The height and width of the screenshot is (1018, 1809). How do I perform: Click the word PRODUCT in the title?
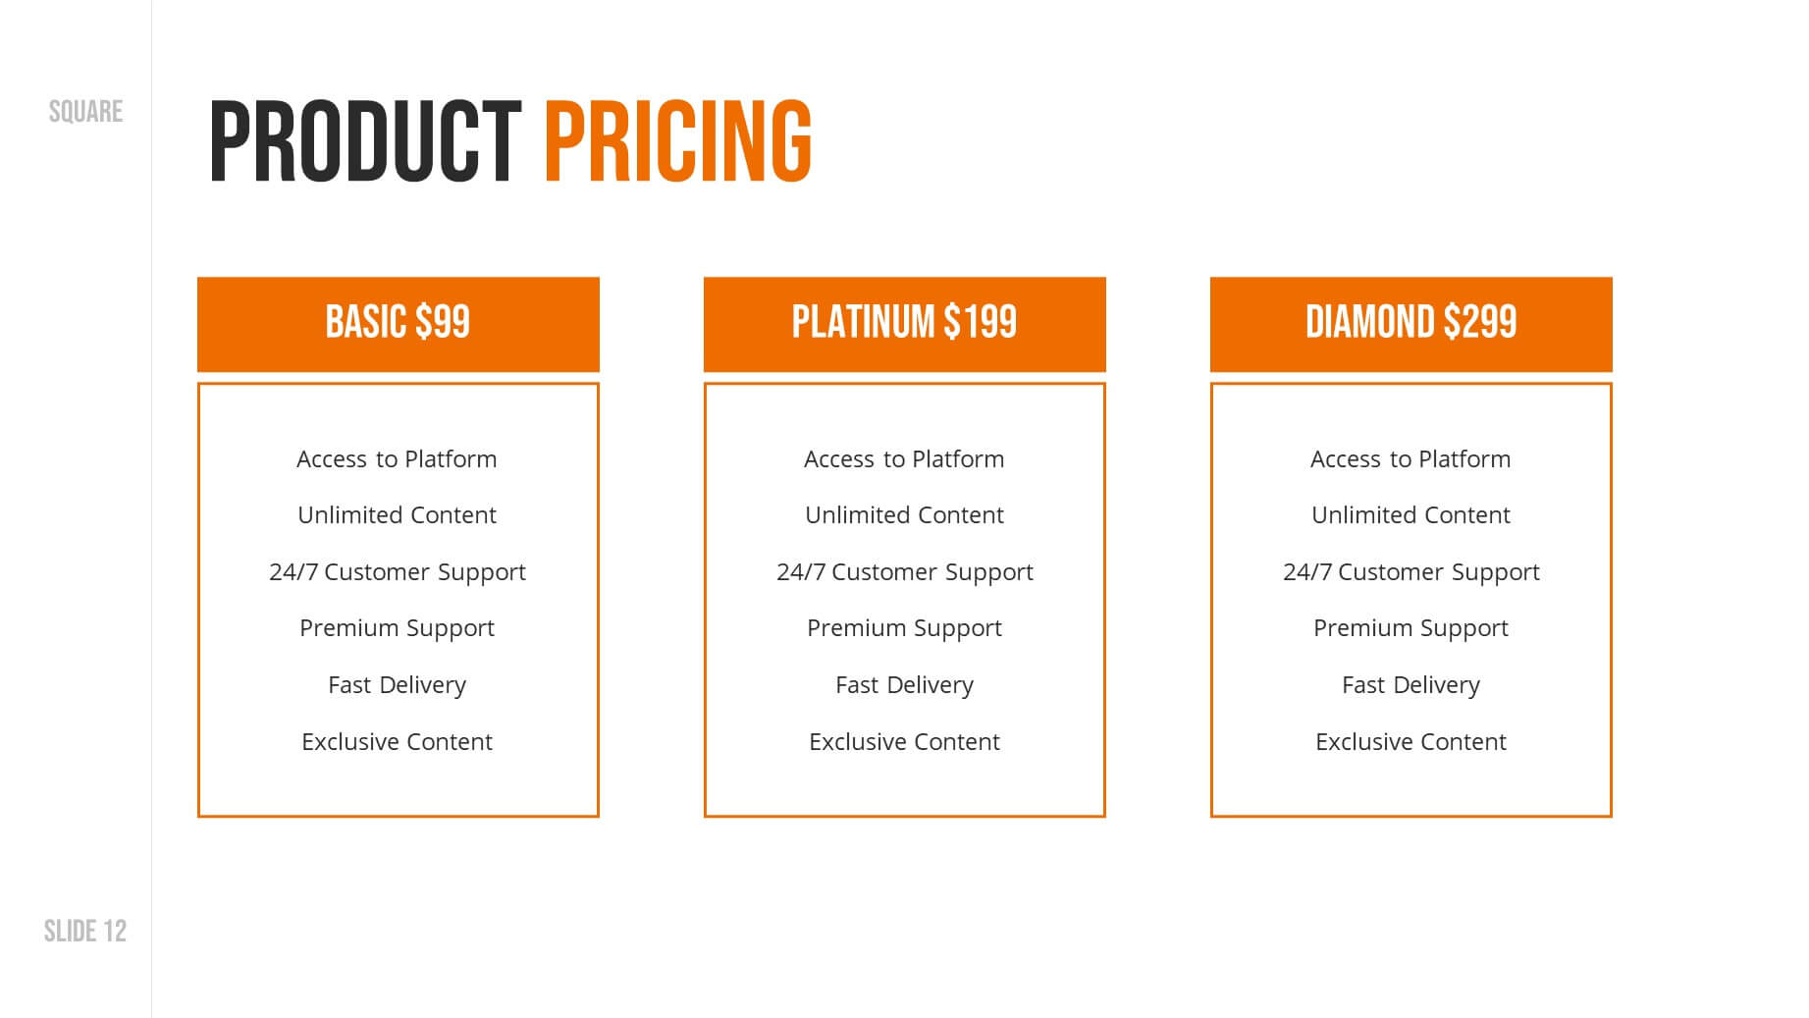[x=365, y=141]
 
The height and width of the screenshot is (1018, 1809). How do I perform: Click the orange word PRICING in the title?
[x=678, y=141]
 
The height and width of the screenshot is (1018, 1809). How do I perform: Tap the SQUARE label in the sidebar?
[x=86, y=112]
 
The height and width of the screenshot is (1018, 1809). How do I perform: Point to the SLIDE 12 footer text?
[x=85, y=931]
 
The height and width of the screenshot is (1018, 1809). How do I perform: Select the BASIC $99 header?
[x=398, y=322]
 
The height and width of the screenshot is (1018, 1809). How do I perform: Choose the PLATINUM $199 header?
[x=904, y=322]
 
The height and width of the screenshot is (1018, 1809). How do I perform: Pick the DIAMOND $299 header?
[x=1410, y=322]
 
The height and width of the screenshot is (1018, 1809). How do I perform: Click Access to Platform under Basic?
[x=397, y=458]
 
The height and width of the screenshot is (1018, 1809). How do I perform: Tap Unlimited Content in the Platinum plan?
[x=904, y=514]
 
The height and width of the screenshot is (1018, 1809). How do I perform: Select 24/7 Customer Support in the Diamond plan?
[x=1410, y=572]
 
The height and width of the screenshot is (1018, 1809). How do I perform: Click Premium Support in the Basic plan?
[x=397, y=628]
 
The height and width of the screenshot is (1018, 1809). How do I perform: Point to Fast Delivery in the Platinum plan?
[x=904, y=685]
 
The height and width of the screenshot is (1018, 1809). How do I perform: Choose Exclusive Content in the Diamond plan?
[x=1410, y=741]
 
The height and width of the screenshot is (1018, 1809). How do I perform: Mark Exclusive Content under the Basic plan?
[x=397, y=741]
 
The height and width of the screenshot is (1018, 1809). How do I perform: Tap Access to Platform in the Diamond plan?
[x=1410, y=458]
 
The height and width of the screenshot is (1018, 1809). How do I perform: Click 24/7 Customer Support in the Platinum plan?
[x=904, y=572]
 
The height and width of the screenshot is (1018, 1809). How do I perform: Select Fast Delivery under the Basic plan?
[x=397, y=685]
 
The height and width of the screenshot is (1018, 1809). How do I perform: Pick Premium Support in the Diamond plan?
[x=1410, y=628]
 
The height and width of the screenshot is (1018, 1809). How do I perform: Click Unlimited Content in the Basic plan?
[x=397, y=514]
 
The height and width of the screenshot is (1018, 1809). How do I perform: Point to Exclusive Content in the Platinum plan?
[x=904, y=741]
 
